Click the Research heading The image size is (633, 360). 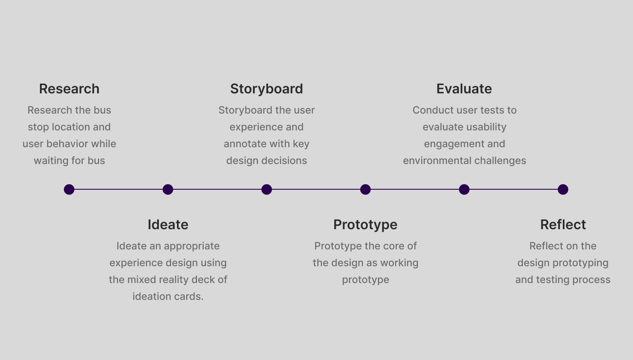click(69, 89)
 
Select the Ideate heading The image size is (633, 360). click(168, 225)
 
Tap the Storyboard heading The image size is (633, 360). click(266, 89)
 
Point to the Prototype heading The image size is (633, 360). click(365, 225)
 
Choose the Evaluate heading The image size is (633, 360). click(464, 89)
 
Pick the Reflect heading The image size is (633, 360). click(563, 225)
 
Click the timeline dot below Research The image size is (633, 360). click(69, 190)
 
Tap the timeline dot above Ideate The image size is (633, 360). click(168, 190)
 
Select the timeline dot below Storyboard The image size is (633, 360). click(266, 190)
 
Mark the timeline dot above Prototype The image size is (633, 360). click(365, 190)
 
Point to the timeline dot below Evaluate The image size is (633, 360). click(464, 190)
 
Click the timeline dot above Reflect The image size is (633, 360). click(563, 190)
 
